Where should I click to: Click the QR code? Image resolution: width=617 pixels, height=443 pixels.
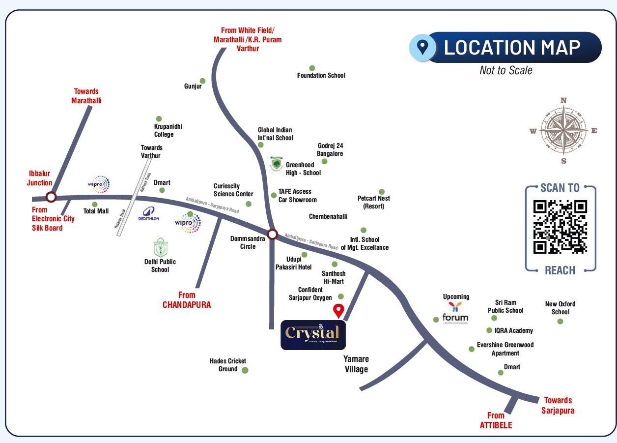[560, 227]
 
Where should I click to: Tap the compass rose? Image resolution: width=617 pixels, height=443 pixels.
[563, 131]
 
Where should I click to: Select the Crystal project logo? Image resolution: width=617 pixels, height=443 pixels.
[313, 335]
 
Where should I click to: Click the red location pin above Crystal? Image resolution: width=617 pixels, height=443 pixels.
[338, 311]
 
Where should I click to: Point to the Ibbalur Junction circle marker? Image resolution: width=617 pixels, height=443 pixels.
[51, 197]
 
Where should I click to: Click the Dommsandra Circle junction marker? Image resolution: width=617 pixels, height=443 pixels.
[272, 234]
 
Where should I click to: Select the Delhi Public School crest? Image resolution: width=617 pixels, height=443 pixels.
[160, 247]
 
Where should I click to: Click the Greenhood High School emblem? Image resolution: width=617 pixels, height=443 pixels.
[277, 164]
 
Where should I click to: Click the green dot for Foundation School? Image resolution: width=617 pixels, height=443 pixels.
[311, 68]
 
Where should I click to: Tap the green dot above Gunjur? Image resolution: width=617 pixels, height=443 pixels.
[202, 81]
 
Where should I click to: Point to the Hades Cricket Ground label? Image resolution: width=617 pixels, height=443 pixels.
[228, 365]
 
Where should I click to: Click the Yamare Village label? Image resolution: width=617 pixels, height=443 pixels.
[356, 364]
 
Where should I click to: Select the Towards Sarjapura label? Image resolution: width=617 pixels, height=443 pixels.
[558, 406]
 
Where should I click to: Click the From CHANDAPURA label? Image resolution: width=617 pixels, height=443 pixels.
[187, 300]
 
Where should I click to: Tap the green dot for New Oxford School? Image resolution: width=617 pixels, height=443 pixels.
[560, 322]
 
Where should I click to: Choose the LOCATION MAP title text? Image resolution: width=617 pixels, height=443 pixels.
[512, 47]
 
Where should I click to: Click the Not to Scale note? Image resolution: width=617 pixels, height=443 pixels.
[505, 70]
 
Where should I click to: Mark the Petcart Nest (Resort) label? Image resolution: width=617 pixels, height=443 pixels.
[374, 202]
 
